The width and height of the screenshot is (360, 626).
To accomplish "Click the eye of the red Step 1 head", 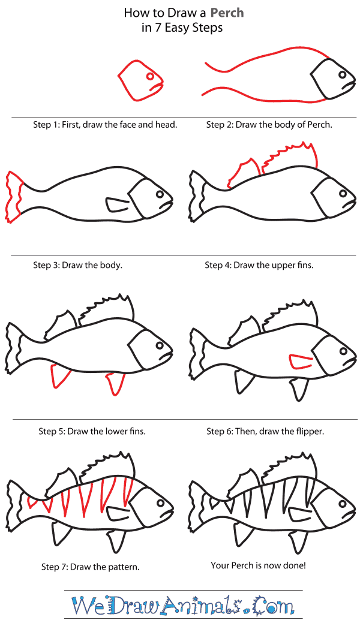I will click(149, 76).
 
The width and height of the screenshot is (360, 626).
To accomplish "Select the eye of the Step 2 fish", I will click(343, 76).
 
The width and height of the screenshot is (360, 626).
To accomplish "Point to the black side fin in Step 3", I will click(116, 204).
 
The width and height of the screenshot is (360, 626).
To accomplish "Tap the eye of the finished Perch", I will click(343, 501).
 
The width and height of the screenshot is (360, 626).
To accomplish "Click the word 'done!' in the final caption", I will click(293, 565).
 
